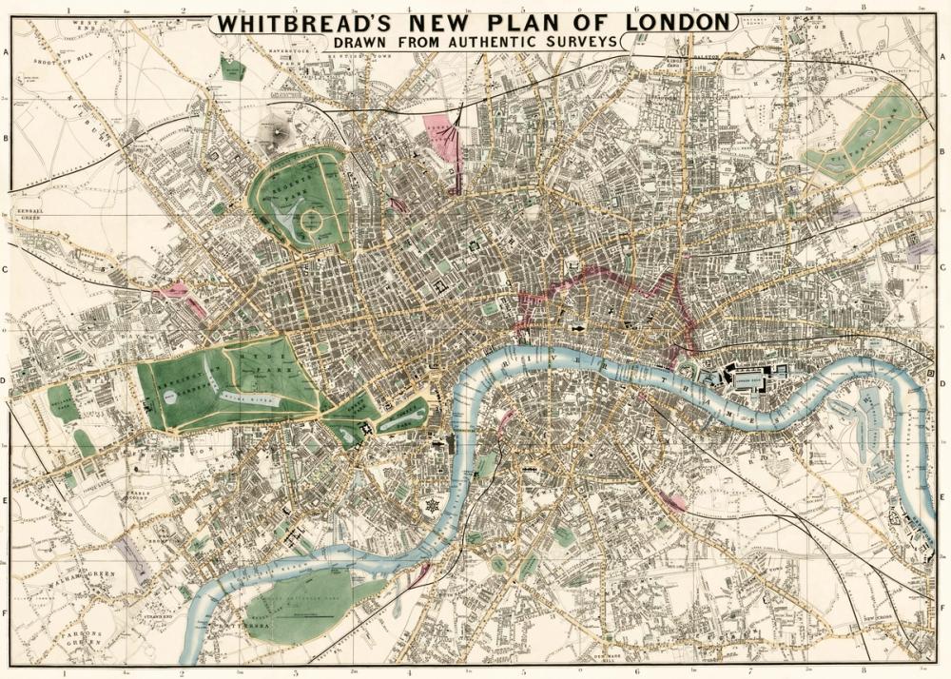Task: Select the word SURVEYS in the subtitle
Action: (580, 42)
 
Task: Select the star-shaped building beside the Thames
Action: (433, 505)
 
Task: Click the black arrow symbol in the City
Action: (577, 328)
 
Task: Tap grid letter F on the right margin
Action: (944, 613)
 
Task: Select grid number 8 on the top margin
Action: (864, 8)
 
